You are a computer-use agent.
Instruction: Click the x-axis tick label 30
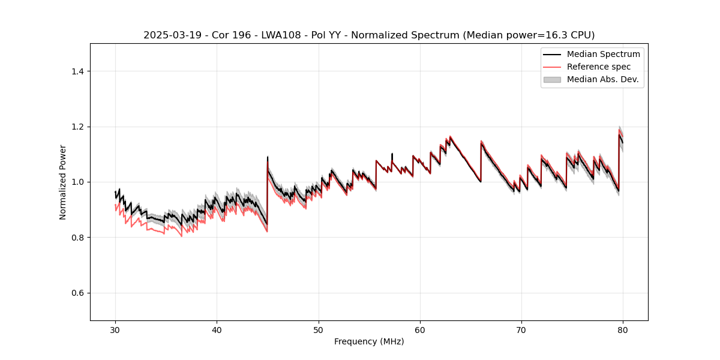(x=115, y=330)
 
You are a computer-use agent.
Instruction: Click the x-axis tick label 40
(x=217, y=330)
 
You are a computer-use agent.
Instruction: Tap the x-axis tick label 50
(x=319, y=330)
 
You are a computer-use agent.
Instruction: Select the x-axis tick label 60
(x=420, y=330)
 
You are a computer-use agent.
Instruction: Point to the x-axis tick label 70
(x=521, y=330)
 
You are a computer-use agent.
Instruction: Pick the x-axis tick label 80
(x=623, y=330)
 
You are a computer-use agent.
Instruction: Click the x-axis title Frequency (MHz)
(x=369, y=341)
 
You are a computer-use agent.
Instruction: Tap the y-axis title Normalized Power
(x=63, y=182)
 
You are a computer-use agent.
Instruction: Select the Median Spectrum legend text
(x=603, y=54)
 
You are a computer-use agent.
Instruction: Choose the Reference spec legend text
(x=599, y=67)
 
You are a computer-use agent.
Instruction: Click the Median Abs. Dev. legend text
(x=602, y=79)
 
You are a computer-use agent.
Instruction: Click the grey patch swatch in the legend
(x=552, y=79)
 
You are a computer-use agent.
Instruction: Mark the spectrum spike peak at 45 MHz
(x=268, y=157)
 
